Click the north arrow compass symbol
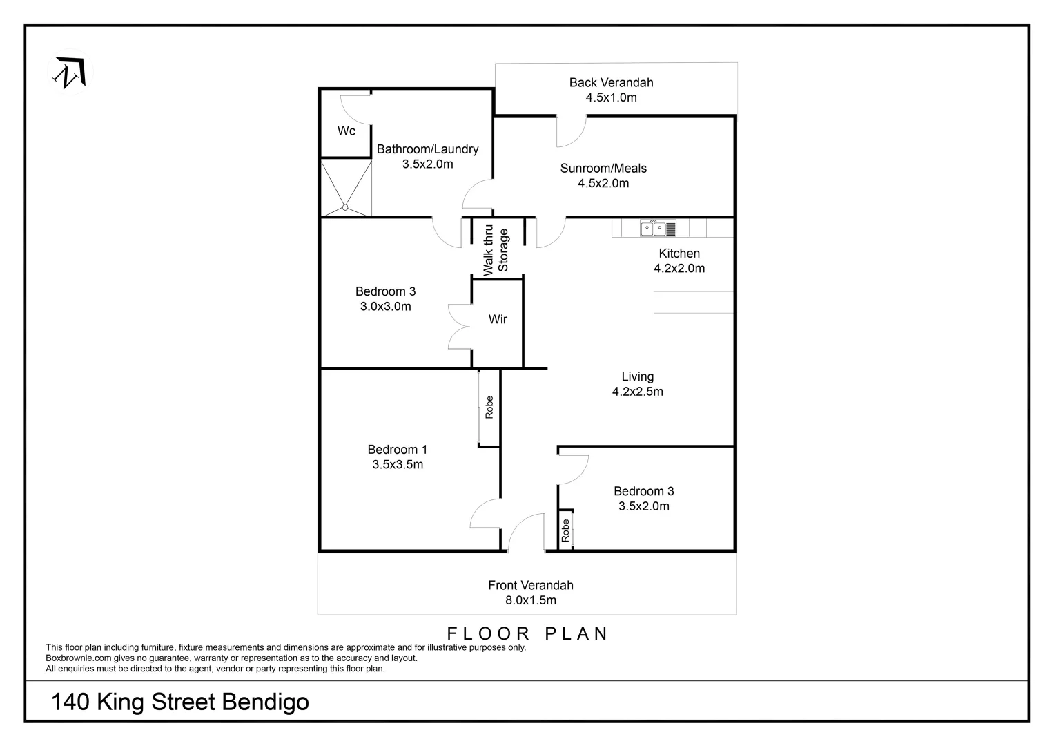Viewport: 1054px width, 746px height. (70, 73)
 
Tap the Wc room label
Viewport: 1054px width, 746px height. (347, 131)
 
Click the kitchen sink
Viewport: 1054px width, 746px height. (658, 228)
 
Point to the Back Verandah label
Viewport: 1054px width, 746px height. (611, 82)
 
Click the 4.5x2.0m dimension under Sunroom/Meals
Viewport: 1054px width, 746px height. (603, 184)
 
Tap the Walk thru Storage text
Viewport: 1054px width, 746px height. (496, 250)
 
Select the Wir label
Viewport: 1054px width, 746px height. (498, 319)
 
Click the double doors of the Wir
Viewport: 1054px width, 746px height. (460, 326)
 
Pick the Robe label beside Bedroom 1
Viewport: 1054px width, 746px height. (489, 407)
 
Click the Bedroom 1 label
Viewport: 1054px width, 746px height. (397, 450)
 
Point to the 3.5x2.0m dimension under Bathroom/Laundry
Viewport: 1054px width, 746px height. (427, 164)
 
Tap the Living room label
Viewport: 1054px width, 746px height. (637, 376)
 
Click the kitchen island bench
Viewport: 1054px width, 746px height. (693, 303)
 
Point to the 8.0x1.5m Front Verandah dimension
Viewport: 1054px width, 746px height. (530, 601)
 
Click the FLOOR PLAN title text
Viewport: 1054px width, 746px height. (528, 633)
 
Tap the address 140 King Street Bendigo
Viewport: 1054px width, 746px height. (180, 702)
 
